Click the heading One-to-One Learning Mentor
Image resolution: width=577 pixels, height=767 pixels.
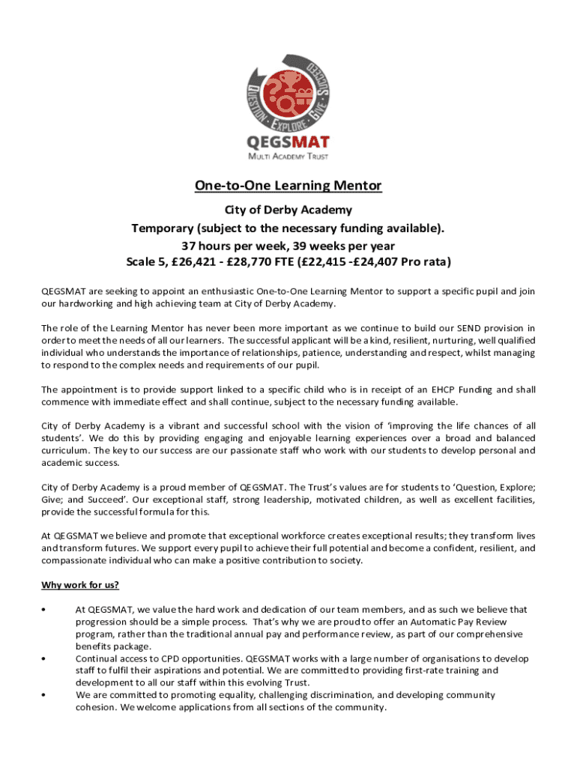(288, 185)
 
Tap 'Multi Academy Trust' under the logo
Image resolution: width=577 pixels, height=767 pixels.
(288, 157)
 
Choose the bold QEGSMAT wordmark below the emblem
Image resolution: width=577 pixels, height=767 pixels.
(288, 142)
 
